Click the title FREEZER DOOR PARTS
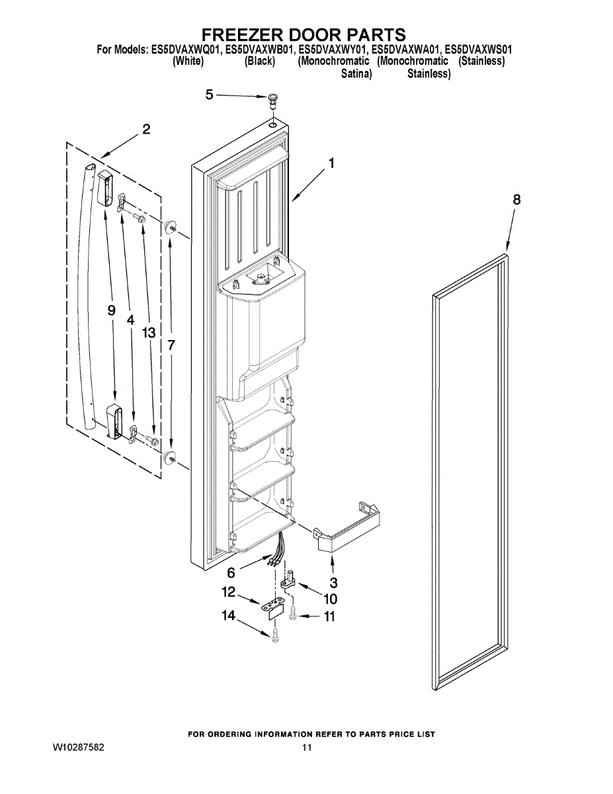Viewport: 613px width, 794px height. pyautogui.click(x=304, y=34)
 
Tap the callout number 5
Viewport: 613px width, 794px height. pyautogui.click(x=210, y=95)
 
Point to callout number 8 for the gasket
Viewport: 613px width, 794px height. pyautogui.click(x=516, y=199)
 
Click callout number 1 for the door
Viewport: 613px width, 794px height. pyautogui.click(x=331, y=162)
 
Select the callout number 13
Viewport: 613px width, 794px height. pyautogui.click(x=148, y=333)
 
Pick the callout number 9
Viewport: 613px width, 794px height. pyautogui.click(x=111, y=310)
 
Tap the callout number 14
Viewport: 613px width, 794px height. pyautogui.click(x=228, y=615)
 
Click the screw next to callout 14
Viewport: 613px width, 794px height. pyautogui.click(x=275, y=635)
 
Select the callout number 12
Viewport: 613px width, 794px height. pyautogui.click(x=228, y=591)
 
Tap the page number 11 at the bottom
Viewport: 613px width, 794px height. pyautogui.click(x=306, y=748)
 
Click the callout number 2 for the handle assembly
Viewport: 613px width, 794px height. pyautogui.click(x=146, y=129)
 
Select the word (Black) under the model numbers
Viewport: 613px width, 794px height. pyautogui.click(x=259, y=62)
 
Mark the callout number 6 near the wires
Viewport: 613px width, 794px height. pyautogui.click(x=231, y=572)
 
